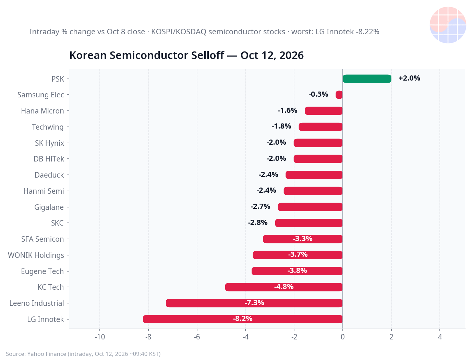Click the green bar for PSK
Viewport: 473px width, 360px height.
click(367, 79)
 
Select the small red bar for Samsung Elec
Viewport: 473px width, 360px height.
click(339, 95)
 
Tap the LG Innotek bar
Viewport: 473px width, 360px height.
click(243, 319)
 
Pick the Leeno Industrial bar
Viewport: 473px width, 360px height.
click(254, 303)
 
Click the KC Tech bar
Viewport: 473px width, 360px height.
click(284, 287)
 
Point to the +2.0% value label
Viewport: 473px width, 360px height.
click(409, 78)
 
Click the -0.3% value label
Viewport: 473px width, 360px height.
click(318, 94)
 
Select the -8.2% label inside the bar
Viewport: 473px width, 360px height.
click(243, 319)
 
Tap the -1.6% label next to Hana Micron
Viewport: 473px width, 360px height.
click(288, 110)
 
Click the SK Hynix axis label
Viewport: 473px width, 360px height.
click(49, 143)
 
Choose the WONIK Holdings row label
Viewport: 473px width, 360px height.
click(36, 255)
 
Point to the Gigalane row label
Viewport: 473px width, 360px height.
click(49, 207)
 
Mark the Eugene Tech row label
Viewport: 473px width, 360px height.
click(42, 272)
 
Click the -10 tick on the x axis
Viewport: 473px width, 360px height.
click(100, 337)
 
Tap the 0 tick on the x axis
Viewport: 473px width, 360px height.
click(343, 337)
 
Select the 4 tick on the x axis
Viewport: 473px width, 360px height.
click(440, 337)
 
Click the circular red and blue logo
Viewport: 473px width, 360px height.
click(448, 25)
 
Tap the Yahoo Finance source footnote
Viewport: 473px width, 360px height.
click(83, 354)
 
